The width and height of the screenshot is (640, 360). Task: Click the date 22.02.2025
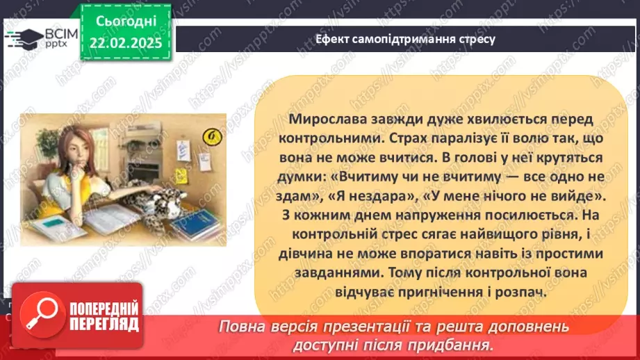click(125, 43)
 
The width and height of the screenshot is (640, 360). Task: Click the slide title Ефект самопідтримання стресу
click(405, 38)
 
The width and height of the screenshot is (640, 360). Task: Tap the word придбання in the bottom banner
click(451, 344)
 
